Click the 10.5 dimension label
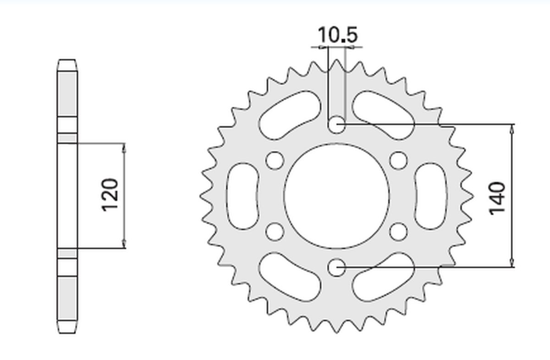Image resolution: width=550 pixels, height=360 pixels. (337, 35)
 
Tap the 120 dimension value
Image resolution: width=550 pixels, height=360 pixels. (110, 195)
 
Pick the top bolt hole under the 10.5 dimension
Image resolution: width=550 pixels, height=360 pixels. (337, 124)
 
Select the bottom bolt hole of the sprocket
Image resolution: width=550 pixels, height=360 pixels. (337, 267)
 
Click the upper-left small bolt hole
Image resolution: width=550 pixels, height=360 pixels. (275, 160)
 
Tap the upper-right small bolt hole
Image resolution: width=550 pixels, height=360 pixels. (399, 160)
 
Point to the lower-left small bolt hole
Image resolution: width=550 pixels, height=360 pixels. (275, 231)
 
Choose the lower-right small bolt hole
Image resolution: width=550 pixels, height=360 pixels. (399, 231)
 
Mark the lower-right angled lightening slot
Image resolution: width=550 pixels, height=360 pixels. (383, 276)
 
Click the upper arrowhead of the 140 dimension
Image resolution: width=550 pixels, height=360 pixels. (512, 129)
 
